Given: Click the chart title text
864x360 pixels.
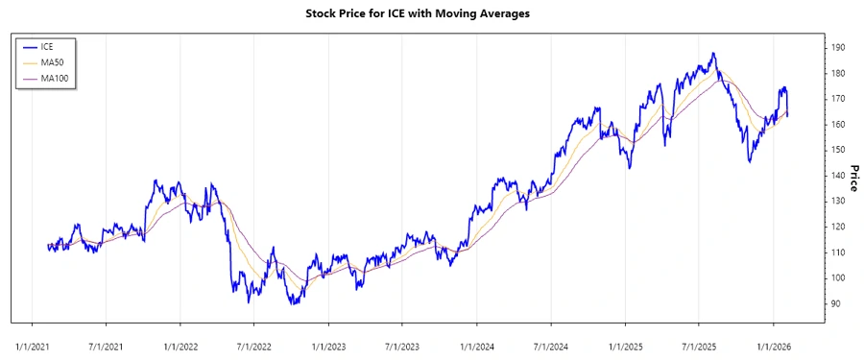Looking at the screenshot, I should (x=430, y=13).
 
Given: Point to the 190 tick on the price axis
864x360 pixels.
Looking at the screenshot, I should (x=837, y=47).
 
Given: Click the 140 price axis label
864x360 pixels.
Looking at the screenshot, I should (x=837, y=176).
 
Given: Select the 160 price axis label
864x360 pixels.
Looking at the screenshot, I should (x=837, y=124).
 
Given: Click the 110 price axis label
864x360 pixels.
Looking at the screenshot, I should (x=837, y=252).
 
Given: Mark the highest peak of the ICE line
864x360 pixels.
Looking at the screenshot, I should (x=712, y=54).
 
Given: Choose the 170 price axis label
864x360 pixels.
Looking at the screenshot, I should (x=837, y=99).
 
